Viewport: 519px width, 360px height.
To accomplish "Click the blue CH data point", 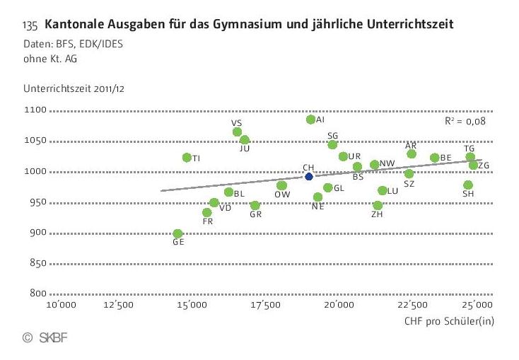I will pos(309,176).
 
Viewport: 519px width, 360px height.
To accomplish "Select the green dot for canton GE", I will pos(177,233).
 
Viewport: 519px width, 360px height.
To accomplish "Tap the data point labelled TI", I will pos(187,157).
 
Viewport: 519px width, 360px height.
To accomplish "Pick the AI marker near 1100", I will pos(310,120).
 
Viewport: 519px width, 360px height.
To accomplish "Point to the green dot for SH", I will pos(468,185).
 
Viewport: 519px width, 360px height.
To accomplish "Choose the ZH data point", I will pos(378,206).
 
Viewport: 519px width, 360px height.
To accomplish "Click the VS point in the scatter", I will pos(237,132).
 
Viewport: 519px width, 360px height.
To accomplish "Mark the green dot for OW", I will pos(281,186).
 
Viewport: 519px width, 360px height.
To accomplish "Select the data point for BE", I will pos(434,158).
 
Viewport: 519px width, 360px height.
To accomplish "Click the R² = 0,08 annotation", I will pos(465,121).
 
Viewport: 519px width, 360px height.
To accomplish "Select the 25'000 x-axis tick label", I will pos(478,306).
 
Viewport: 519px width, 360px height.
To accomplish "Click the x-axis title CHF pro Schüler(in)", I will pos(448,322).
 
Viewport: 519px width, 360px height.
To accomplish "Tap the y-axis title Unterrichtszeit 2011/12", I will pos(74,90).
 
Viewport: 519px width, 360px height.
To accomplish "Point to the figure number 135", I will pos(30,26).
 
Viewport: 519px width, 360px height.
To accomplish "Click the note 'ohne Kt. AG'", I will pos(49,59).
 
